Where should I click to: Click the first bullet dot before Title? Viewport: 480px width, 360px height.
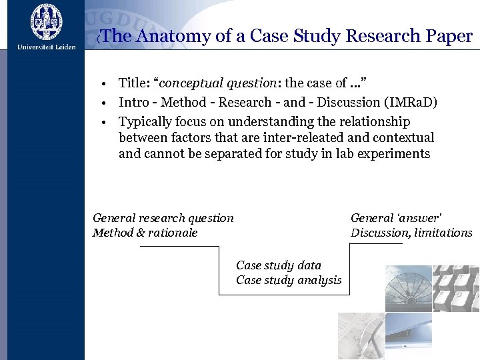click(x=105, y=84)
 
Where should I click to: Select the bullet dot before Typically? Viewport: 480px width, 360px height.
click(x=105, y=123)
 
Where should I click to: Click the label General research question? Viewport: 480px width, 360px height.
click(x=163, y=218)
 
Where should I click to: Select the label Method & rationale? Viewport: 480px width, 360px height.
click(x=145, y=233)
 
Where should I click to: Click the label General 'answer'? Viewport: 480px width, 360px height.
click(x=396, y=218)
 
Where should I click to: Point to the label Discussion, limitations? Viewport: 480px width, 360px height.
click(x=411, y=233)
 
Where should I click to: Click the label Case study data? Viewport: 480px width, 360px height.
click(x=278, y=265)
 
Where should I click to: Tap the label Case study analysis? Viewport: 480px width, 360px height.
click(x=289, y=280)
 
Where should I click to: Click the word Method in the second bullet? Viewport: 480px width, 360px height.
click(x=183, y=102)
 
